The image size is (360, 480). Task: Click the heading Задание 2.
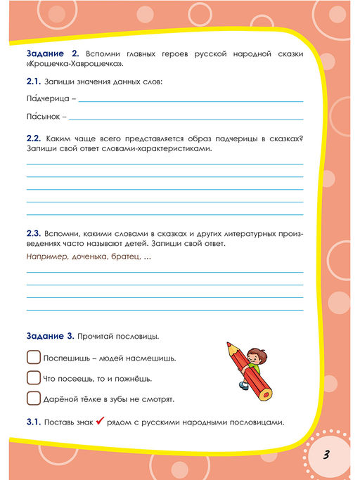(x=50, y=53)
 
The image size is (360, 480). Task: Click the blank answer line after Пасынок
(x=186, y=119)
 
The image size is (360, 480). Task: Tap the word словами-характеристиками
(x=163, y=149)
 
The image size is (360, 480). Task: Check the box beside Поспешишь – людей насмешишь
(x=33, y=357)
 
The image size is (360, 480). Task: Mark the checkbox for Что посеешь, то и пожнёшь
(x=33, y=377)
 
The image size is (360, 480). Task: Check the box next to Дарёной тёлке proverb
(x=33, y=398)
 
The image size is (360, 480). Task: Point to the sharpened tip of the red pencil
(x=229, y=345)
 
